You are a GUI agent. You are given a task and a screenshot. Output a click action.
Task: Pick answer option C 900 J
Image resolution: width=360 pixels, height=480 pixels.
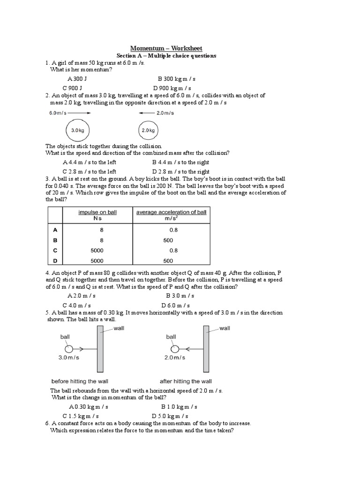(73, 88)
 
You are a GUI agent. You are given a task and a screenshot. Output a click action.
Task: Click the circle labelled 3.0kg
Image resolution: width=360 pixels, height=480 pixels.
(77, 130)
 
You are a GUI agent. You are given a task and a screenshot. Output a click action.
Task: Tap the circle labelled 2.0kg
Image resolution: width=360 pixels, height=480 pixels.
(148, 130)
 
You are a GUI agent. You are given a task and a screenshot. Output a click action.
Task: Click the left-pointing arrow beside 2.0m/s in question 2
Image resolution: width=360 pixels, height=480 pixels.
(145, 113)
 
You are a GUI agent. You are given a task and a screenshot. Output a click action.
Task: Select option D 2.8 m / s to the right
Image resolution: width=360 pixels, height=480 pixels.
(181, 172)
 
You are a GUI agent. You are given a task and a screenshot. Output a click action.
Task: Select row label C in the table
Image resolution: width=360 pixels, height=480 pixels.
(55, 250)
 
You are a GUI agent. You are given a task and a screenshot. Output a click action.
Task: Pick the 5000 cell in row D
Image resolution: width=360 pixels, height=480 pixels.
(97, 261)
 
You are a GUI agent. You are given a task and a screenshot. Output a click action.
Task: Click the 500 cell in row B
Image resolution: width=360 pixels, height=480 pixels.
(168, 240)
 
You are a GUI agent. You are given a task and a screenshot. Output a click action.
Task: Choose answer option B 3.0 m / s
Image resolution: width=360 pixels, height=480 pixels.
(180, 296)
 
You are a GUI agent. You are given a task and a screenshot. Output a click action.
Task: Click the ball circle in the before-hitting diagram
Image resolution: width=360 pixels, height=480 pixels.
(69, 349)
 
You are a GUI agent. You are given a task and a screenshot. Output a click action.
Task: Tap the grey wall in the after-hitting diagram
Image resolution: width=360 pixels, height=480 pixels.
(206, 349)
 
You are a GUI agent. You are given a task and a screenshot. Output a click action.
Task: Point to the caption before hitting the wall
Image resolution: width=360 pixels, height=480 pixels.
(80, 381)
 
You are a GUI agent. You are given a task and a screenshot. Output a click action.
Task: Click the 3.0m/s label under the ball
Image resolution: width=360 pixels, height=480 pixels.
(69, 358)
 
